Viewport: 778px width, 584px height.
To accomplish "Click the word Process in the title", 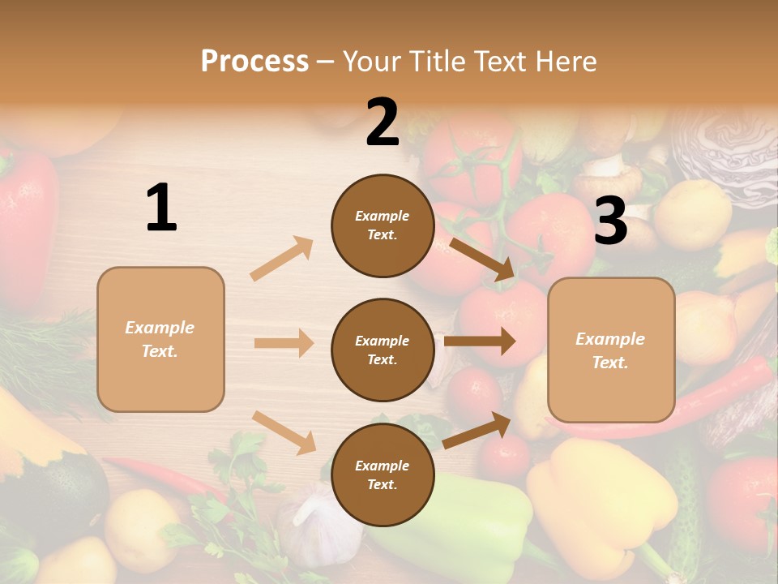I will (x=254, y=62).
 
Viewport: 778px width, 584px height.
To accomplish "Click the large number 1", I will (x=161, y=208).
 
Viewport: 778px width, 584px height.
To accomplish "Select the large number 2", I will (x=383, y=122).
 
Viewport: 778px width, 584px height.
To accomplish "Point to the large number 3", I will (x=610, y=221).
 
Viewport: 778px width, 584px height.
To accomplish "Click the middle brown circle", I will (x=383, y=350).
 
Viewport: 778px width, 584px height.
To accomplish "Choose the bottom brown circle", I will (x=383, y=474).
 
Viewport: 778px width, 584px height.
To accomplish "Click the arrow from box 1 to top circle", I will (x=282, y=259).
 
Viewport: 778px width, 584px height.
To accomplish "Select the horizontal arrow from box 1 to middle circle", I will (x=284, y=343).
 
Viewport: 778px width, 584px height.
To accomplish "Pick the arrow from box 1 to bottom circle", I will (x=284, y=432).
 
